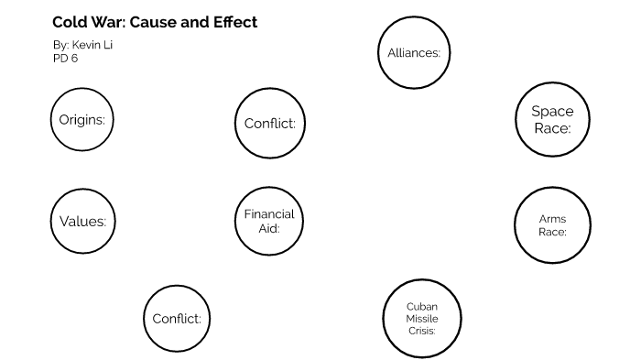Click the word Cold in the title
click(x=68, y=22)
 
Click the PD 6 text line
click(x=65, y=57)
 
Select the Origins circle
click(x=81, y=120)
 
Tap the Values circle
click(x=81, y=221)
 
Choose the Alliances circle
click(x=414, y=52)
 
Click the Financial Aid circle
click(x=268, y=221)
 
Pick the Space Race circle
click(x=552, y=120)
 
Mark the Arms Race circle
click(x=552, y=225)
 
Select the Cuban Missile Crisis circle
click(x=421, y=318)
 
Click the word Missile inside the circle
click(x=421, y=318)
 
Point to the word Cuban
click(x=421, y=306)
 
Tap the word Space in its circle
click(x=552, y=112)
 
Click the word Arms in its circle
click(x=552, y=219)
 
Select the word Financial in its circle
click(x=268, y=214)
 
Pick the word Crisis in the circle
click(x=421, y=330)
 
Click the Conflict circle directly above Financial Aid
click(x=268, y=124)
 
